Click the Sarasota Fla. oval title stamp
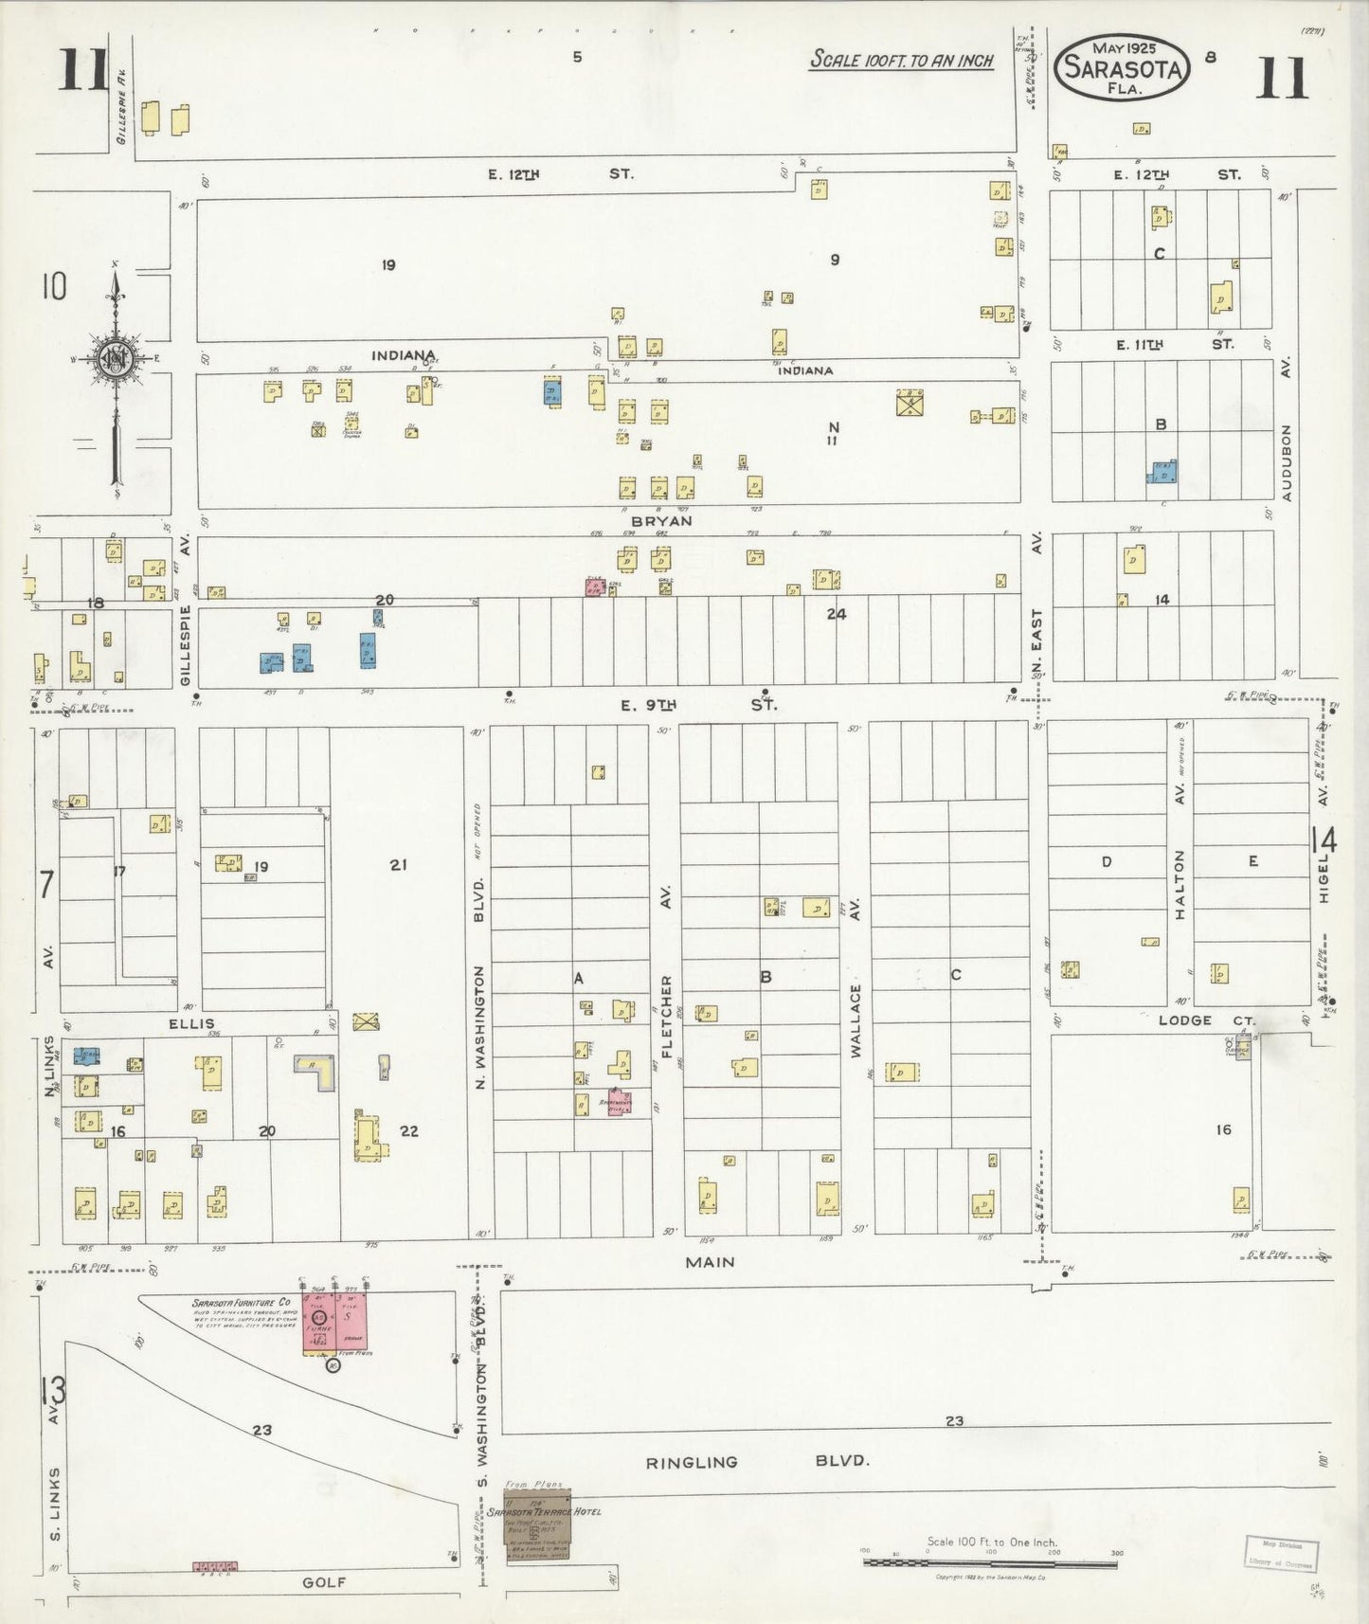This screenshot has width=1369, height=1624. click(x=1123, y=68)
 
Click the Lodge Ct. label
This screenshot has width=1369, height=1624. click(x=1206, y=1020)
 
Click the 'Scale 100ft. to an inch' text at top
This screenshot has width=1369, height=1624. click(x=901, y=61)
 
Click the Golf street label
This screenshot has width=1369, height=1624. click(x=325, y=1582)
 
